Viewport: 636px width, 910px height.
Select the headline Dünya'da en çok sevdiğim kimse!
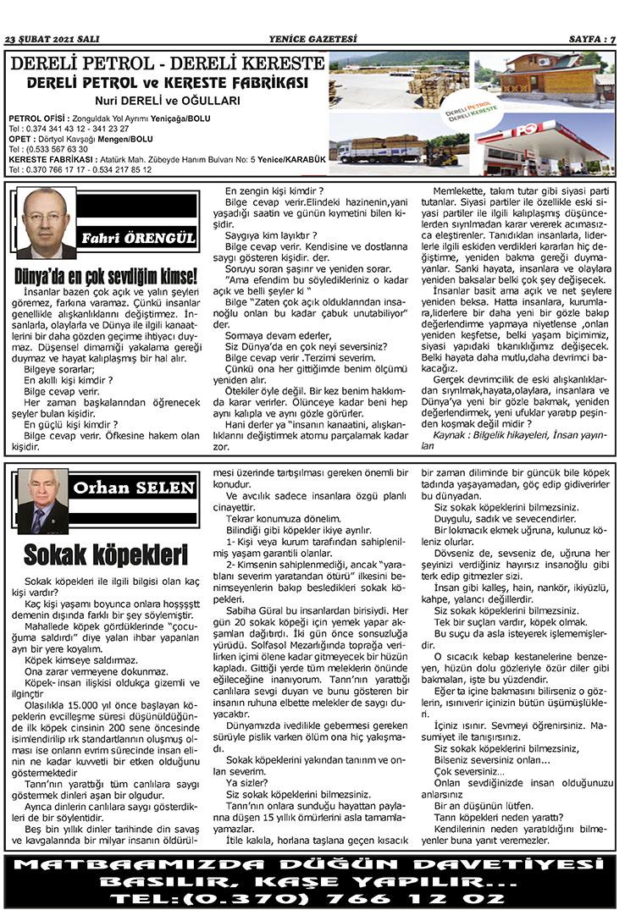[106, 276]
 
